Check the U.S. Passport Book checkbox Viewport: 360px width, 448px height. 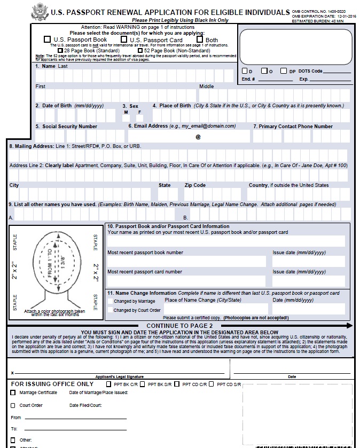tap(47, 40)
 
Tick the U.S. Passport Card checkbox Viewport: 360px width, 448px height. tap(123, 40)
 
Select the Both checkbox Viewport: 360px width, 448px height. tap(200, 39)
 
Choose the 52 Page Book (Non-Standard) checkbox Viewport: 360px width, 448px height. tap(132, 51)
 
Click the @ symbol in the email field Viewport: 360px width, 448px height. tap(198, 137)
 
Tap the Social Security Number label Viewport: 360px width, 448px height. tap(69, 127)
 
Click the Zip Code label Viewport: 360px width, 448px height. tap(195, 185)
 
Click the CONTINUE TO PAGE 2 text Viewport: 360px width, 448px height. tap(179, 325)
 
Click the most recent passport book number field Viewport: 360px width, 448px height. tap(186, 262)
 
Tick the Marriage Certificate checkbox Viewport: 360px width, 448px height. tap(13, 392)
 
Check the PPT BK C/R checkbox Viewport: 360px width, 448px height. tap(109, 383)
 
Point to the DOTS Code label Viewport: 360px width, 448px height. tap(310, 71)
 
